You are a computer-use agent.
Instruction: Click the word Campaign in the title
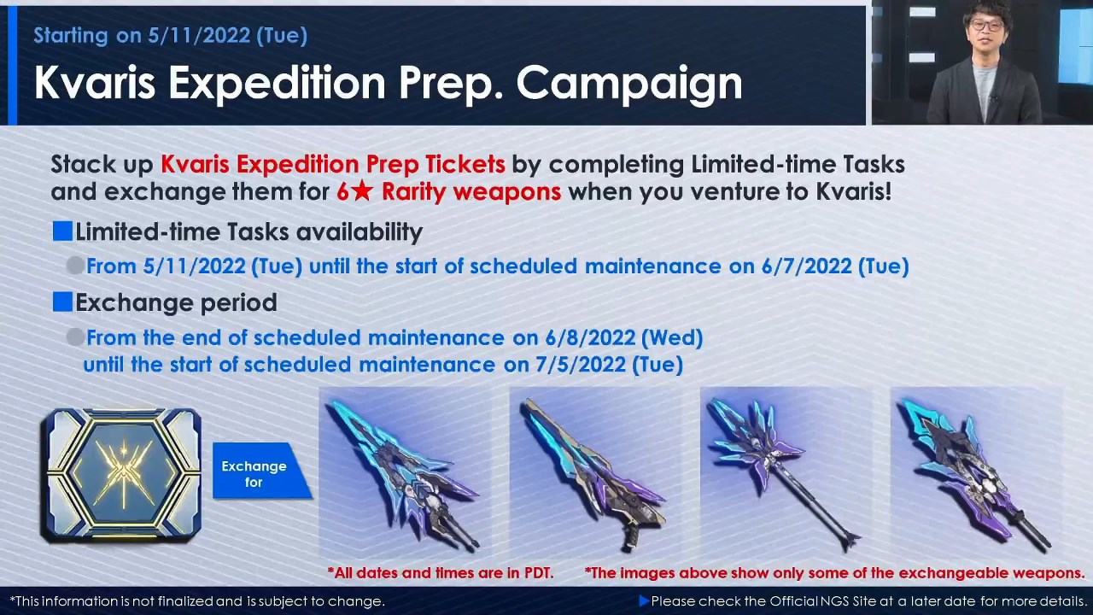(x=629, y=84)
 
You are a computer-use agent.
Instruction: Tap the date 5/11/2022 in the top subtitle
(x=199, y=36)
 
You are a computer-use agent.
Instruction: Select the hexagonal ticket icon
(x=121, y=475)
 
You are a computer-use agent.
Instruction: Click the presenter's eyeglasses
(x=985, y=26)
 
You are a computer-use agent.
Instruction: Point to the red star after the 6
(x=361, y=190)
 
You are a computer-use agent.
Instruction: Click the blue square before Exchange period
(x=62, y=302)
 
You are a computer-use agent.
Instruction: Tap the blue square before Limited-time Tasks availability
(x=62, y=231)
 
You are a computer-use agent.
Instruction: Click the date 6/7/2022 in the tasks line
(x=806, y=266)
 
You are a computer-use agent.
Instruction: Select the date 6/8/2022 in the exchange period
(x=590, y=337)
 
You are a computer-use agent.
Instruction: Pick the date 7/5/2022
(x=581, y=365)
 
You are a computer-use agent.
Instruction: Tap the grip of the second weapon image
(x=629, y=538)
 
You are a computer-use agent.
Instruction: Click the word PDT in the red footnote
(x=538, y=572)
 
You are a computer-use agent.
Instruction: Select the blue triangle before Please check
(x=644, y=600)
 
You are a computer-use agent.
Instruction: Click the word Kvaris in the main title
(x=95, y=83)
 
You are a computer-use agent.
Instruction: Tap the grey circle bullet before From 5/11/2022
(x=75, y=266)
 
